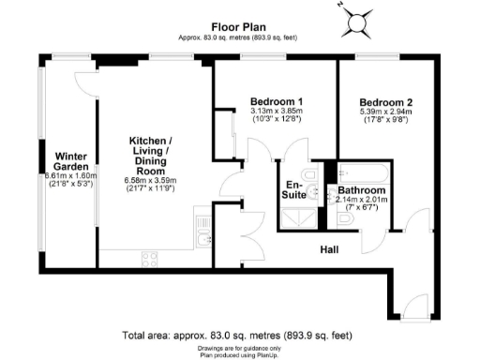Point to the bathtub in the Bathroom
[x=361, y=172]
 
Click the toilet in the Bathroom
[x=347, y=218]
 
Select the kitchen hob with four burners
[x=149, y=257]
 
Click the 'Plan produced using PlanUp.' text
[x=239, y=352]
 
